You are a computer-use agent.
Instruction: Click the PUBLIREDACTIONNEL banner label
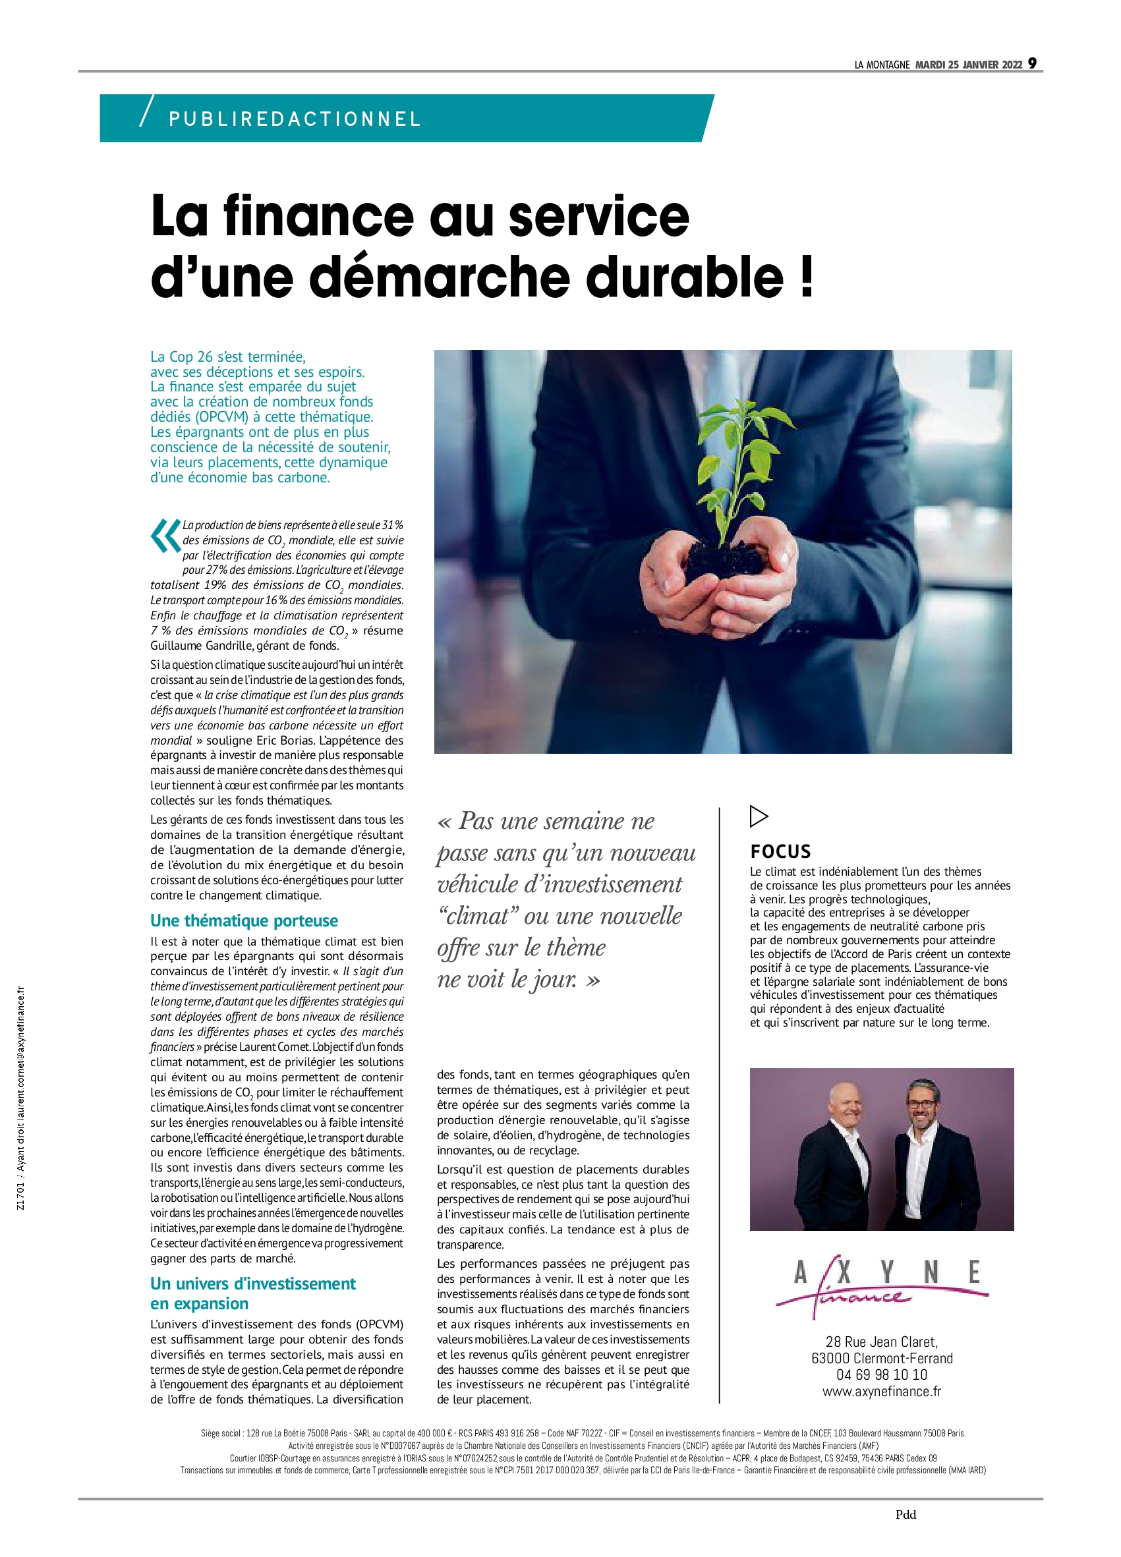click(295, 119)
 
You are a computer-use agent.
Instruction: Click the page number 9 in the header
click(1032, 64)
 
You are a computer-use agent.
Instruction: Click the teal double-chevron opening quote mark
click(165, 536)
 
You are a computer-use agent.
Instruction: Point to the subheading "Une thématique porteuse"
click(244, 920)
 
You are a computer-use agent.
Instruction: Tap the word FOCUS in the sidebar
click(780, 852)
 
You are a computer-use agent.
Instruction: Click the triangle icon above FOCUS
click(759, 816)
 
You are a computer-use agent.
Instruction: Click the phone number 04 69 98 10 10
click(881, 1374)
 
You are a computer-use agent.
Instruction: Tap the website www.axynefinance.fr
click(881, 1392)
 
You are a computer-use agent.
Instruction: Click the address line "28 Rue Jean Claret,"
click(881, 1342)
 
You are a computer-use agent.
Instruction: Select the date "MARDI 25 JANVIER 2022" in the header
click(969, 65)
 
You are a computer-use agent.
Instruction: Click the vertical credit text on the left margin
click(21, 1098)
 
